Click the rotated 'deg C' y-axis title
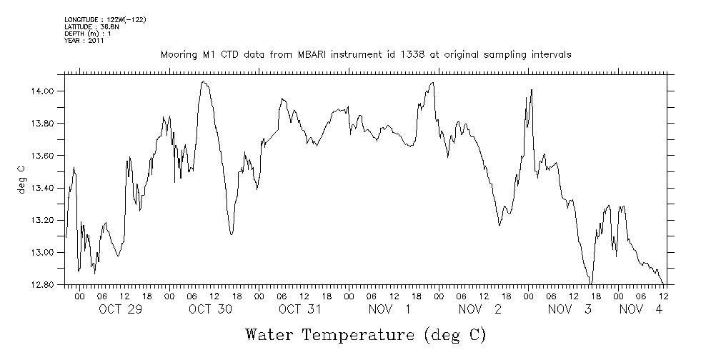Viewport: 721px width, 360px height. pyautogui.click(x=21, y=179)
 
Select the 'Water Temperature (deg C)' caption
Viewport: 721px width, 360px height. pyautogui.click(x=365, y=334)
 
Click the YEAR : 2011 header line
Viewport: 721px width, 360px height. pyautogui.click(x=84, y=41)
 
